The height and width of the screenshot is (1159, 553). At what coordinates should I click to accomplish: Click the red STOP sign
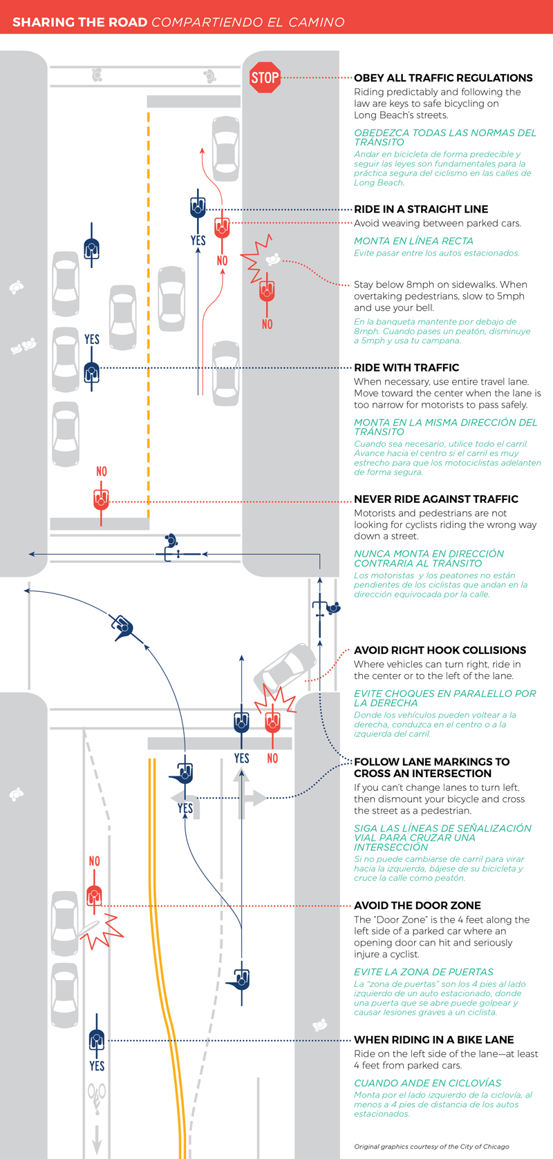[x=265, y=77]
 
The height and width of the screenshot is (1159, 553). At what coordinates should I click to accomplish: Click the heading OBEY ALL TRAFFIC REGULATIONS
[x=443, y=78]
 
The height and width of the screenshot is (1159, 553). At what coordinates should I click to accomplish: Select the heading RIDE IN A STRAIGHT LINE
[x=421, y=209]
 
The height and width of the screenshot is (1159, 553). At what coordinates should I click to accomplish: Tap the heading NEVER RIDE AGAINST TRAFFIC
[x=435, y=499]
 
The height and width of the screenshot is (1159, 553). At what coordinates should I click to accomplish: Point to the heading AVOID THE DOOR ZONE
[x=417, y=906]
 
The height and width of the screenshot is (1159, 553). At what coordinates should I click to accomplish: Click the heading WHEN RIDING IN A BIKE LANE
[x=433, y=1040]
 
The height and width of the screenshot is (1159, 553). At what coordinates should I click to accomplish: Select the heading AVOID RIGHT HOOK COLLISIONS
[x=440, y=651]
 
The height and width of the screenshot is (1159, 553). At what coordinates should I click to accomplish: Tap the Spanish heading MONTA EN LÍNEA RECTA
[x=413, y=241]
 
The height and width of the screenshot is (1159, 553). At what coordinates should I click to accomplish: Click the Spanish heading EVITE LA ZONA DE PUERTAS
[x=423, y=972]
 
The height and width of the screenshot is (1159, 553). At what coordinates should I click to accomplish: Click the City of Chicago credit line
[x=431, y=1147]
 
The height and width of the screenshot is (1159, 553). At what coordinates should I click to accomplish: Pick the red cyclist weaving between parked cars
[x=222, y=227]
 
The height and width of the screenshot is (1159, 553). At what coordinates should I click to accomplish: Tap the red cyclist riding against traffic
[x=101, y=499]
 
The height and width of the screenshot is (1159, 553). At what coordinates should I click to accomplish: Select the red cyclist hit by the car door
[x=95, y=896]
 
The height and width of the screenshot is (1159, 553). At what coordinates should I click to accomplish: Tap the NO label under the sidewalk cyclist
[x=268, y=324]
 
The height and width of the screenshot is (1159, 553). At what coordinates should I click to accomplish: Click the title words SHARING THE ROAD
[x=79, y=22]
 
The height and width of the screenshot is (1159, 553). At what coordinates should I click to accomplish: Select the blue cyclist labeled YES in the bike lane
[x=96, y=1039]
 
